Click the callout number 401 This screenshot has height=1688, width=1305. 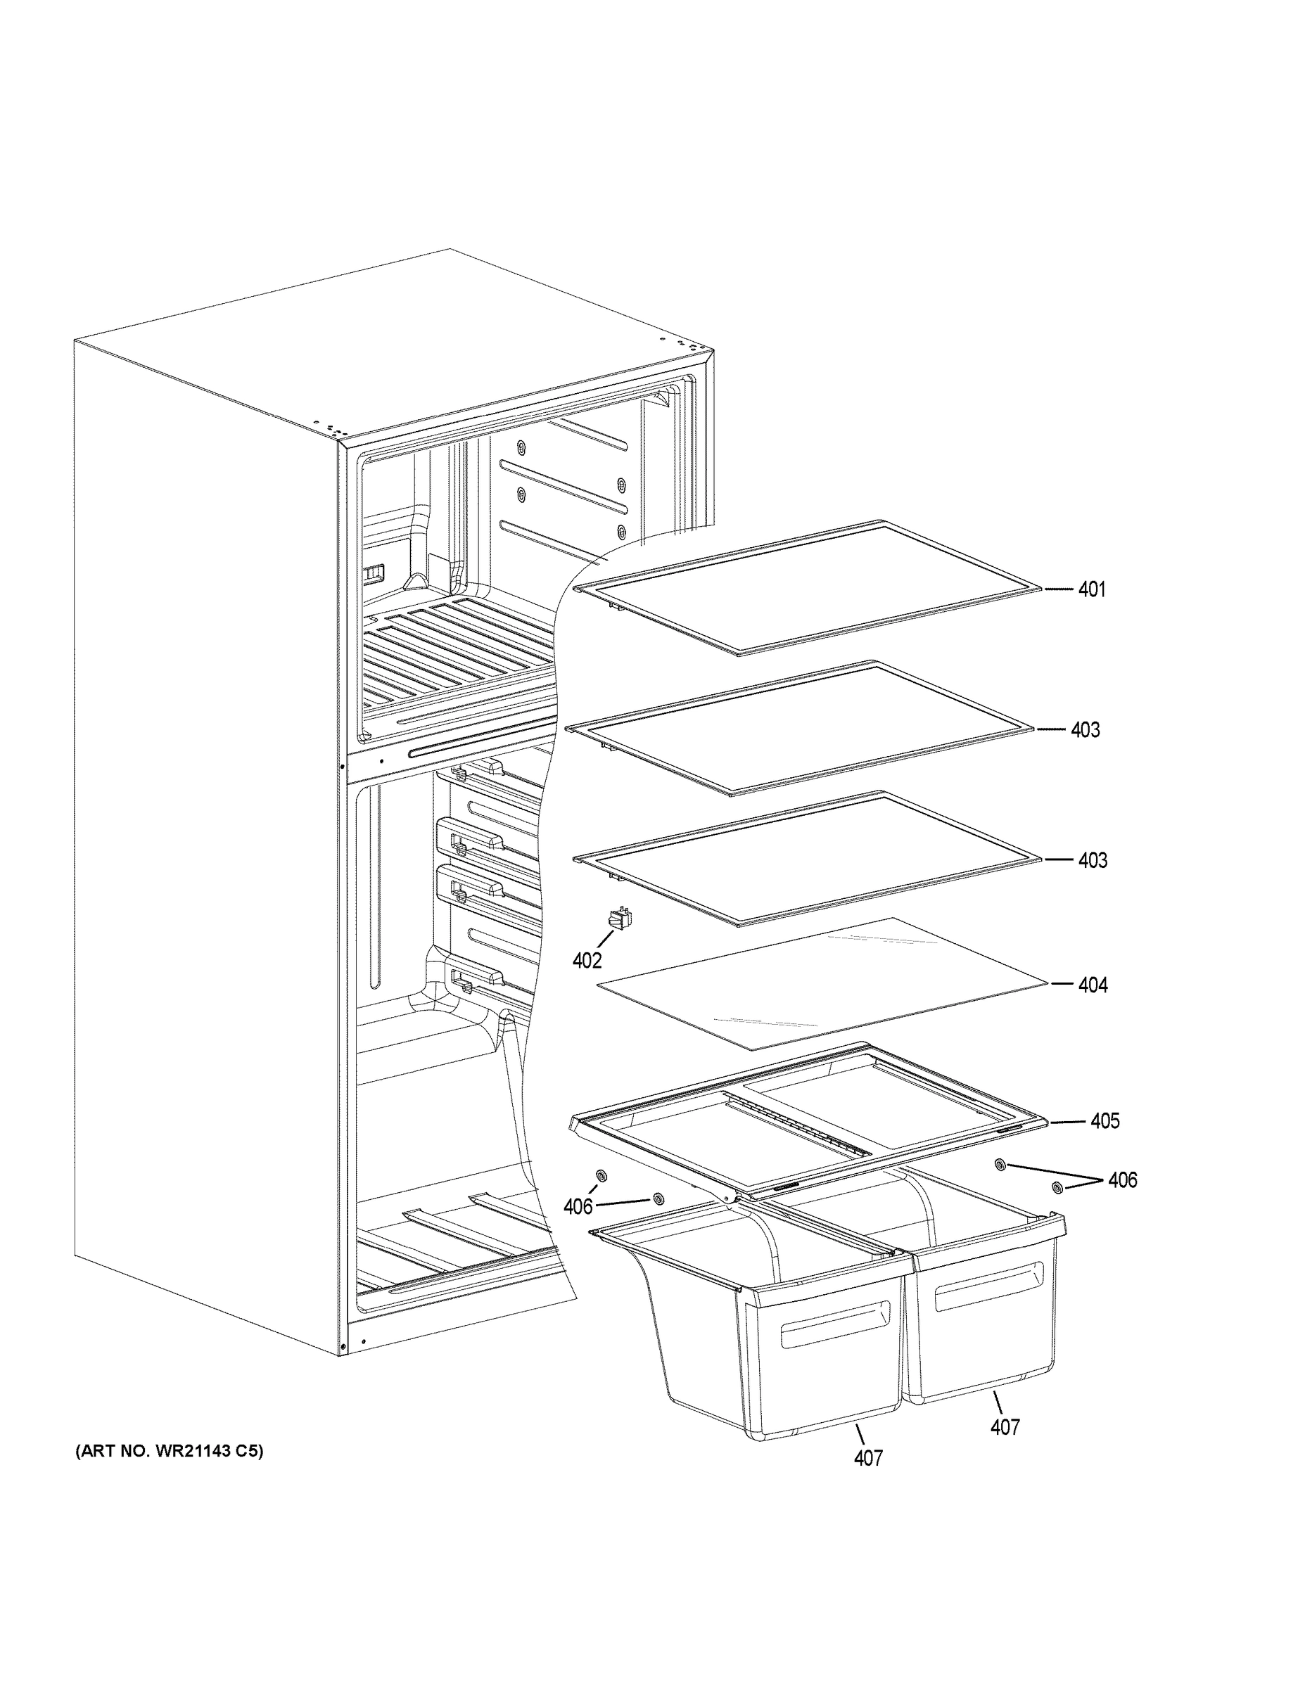[1091, 589]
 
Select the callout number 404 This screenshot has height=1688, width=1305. [1093, 985]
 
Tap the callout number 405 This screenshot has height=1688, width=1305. [1104, 1120]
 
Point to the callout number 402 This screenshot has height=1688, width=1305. [587, 961]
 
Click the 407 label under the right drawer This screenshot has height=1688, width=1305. [1005, 1427]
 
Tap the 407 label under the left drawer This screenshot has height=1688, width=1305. [868, 1458]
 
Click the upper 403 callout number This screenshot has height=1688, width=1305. [1085, 729]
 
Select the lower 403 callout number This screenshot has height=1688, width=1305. [1093, 860]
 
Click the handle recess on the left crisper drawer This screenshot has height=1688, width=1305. [835, 1323]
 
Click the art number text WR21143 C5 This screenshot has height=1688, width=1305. [170, 1452]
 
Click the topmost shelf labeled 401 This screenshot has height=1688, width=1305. [812, 587]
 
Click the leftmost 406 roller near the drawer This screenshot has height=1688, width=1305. [601, 1197]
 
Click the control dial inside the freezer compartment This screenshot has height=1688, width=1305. [374, 573]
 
